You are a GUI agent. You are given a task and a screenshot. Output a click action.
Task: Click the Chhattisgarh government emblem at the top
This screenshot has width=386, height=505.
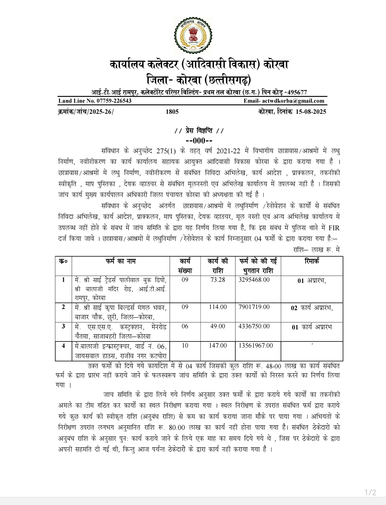tap(193, 36)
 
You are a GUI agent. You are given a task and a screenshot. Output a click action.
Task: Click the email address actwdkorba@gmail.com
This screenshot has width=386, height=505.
tap(293, 101)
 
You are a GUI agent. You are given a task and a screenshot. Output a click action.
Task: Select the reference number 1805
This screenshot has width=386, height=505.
tap(172, 112)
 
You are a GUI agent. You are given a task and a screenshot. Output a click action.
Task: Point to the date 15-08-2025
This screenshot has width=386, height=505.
tap(311, 112)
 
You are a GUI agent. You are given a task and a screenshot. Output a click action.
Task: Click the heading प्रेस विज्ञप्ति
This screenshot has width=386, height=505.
tap(199, 131)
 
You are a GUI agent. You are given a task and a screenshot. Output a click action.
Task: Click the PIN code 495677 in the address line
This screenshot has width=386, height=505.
tap(297, 92)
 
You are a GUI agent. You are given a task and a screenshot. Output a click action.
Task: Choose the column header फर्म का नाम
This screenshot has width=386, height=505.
tap(121, 261)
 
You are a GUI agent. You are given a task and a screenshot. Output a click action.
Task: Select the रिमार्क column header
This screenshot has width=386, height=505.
tap(312, 261)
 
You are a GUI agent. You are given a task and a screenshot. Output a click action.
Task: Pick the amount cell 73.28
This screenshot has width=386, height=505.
tap(218, 280)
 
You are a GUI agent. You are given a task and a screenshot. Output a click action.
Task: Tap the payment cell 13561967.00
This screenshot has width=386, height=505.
tap(256, 346)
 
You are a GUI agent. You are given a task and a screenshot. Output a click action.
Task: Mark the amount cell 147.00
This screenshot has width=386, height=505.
tap(218, 346)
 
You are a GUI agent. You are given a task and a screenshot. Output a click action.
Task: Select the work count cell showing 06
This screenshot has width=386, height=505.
tap(185, 326)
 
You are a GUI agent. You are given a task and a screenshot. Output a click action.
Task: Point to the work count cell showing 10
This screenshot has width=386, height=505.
tap(185, 346)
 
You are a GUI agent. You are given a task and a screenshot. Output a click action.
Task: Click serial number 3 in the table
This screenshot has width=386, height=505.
tap(64, 326)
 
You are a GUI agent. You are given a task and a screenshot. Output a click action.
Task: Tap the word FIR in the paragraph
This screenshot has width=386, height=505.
tap(334, 228)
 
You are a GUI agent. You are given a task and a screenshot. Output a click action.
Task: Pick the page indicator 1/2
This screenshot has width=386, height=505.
tap(370, 492)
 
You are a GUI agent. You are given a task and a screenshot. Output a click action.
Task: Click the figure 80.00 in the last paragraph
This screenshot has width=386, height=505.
tap(177, 428)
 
